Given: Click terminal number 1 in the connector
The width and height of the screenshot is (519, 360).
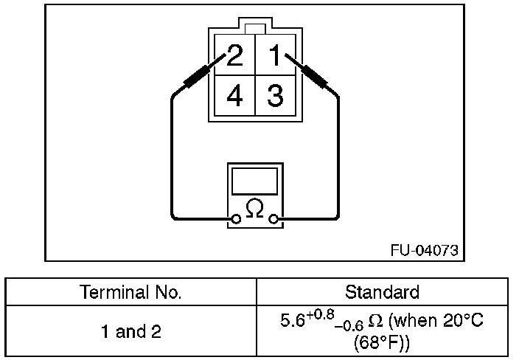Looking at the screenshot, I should pyautogui.click(x=275, y=56).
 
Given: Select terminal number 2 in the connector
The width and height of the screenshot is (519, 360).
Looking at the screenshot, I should pyautogui.click(x=234, y=56).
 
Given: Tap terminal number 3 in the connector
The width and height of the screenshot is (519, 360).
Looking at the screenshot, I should pyautogui.click(x=275, y=96).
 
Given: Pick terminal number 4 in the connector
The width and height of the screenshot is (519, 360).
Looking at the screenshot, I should pyautogui.click(x=234, y=96).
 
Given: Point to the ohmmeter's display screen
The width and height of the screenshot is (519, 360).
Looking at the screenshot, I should pyautogui.click(x=254, y=181).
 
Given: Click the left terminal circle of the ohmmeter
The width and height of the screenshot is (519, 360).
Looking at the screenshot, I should pyautogui.click(x=237, y=219).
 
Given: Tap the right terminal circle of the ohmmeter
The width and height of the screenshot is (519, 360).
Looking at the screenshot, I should pyautogui.click(x=274, y=219).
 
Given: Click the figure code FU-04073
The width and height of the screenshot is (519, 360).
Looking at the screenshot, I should pyautogui.click(x=424, y=250).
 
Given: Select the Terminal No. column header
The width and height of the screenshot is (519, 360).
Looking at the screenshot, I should pyautogui.click(x=131, y=292).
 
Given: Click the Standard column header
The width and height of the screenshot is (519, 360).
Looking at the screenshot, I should pyautogui.click(x=382, y=292).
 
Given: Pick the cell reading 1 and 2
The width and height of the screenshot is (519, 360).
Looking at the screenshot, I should pyautogui.click(x=131, y=332).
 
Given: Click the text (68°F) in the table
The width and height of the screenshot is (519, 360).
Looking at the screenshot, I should pyautogui.click(x=382, y=344).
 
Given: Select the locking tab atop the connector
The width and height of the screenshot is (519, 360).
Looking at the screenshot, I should pyautogui.click(x=254, y=29).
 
